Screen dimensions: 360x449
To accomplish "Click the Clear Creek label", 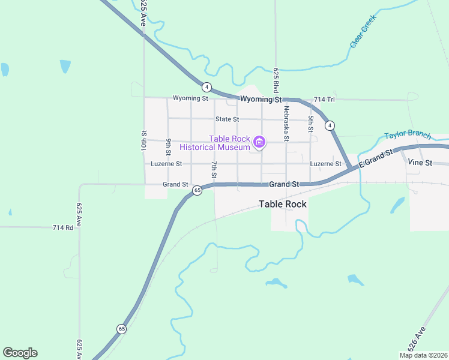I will tap(363, 32).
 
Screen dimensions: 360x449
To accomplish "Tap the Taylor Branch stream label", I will tap(408, 135).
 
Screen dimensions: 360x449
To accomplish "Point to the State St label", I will tap(228, 119).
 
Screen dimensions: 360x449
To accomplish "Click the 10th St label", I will tap(144, 142).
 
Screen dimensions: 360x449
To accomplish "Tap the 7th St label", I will tap(214, 170).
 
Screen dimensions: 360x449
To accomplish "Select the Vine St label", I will tap(420, 163).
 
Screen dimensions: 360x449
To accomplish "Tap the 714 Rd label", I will tap(62, 227).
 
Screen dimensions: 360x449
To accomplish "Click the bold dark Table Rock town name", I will tap(283, 204).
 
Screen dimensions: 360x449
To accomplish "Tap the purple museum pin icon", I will tap(259, 142).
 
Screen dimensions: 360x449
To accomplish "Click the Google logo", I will tap(20, 353).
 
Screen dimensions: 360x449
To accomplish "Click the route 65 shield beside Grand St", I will tap(197, 190).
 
